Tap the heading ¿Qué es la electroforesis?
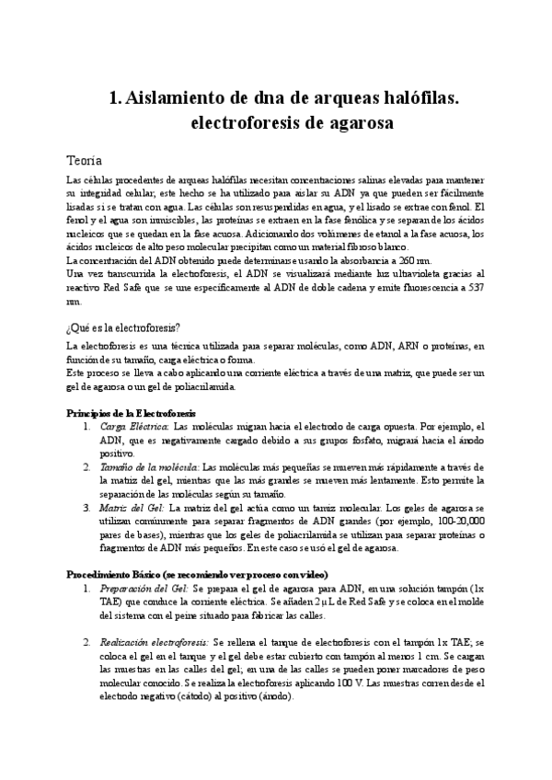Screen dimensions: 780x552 (124, 328)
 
